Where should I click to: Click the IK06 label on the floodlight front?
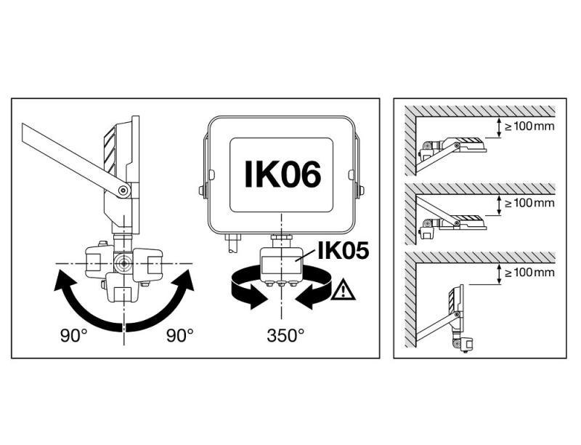pos(282,175)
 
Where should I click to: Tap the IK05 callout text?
pos(342,252)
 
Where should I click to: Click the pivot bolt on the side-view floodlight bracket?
pos(124,191)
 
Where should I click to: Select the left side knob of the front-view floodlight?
pos(201,191)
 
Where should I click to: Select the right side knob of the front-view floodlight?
pos(361,191)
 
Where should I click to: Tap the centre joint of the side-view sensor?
pos(123,261)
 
